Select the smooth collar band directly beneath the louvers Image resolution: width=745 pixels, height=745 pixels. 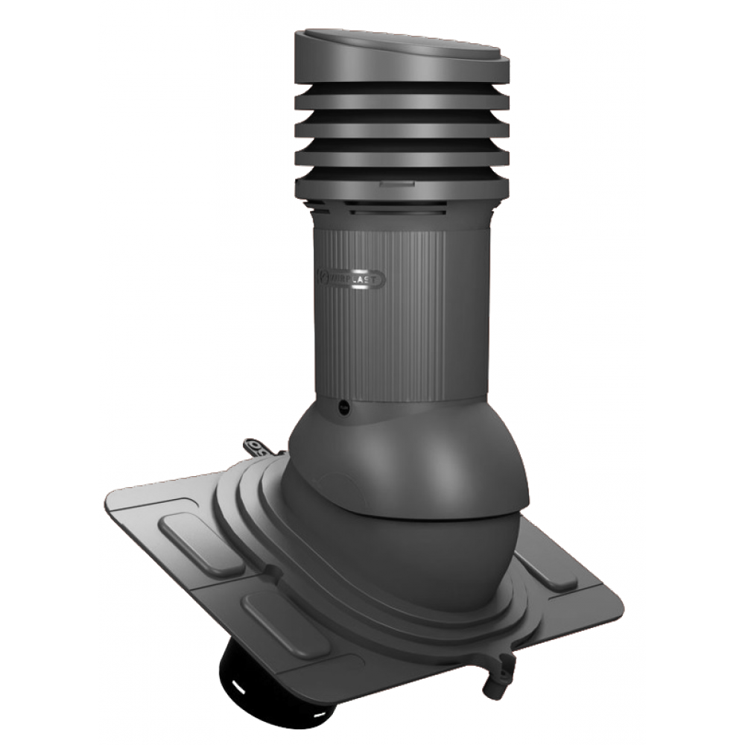[402, 220]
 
